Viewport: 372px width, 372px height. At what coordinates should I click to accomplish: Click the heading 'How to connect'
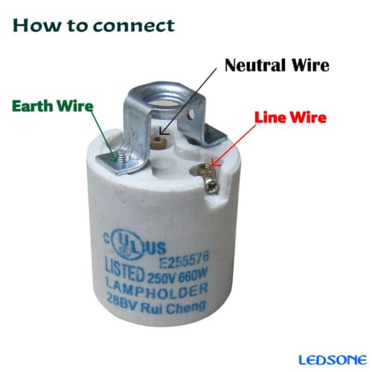[x=94, y=25]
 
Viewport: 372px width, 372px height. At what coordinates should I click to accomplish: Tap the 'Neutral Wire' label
[x=277, y=65]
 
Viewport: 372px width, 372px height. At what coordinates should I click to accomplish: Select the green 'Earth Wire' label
[x=53, y=106]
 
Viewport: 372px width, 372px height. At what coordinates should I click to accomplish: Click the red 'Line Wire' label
[x=290, y=118]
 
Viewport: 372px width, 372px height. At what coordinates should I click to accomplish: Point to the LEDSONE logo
[x=333, y=360]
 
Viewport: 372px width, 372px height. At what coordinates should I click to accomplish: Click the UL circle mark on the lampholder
[x=128, y=246]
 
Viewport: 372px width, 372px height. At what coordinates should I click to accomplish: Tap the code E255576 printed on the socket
[x=185, y=260]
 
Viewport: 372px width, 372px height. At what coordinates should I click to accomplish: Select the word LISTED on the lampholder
[x=125, y=269]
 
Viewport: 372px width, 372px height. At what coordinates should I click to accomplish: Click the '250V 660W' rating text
[x=177, y=276]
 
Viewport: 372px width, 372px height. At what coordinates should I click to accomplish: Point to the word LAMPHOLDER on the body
[x=157, y=289]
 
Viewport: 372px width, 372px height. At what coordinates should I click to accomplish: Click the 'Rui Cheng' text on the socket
[x=173, y=307]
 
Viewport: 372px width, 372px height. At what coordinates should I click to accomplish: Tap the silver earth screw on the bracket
[x=122, y=156]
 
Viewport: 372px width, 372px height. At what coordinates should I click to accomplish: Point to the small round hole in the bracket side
[x=190, y=114]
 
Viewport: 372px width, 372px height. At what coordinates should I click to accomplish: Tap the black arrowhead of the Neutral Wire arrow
[x=163, y=131]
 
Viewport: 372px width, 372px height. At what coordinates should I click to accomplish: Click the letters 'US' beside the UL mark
[x=157, y=248]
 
